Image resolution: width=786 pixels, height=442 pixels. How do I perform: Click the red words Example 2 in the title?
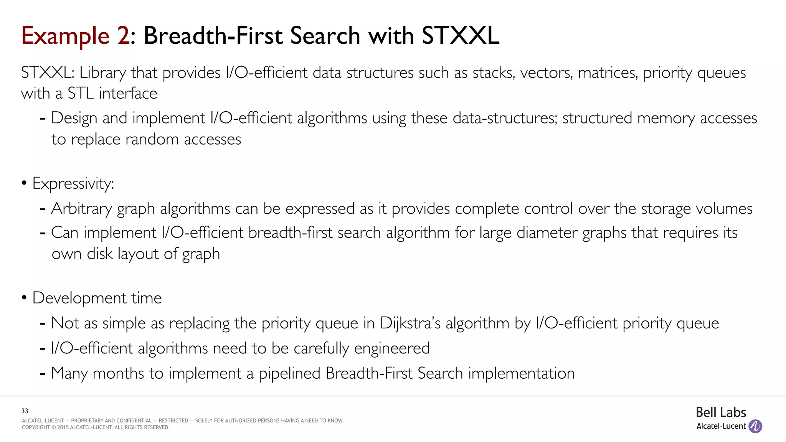pos(76,36)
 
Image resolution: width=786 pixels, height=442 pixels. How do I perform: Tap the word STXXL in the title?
pos(460,36)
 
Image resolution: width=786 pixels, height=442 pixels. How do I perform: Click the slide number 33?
pos(25,411)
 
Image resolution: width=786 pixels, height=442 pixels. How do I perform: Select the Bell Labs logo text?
pos(721,412)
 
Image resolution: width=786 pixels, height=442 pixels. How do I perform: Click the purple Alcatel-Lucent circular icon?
pos(755,426)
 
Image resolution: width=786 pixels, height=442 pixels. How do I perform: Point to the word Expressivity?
pos(73,183)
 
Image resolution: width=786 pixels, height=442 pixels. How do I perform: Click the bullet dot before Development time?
pos(24,298)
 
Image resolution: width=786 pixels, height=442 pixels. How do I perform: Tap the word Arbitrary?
pos(81,209)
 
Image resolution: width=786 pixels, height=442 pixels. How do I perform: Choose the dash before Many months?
pos(43,373)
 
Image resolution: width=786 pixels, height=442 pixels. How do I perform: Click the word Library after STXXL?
pos(102,73)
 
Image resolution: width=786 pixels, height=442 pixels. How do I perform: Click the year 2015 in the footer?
pos(63,427)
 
